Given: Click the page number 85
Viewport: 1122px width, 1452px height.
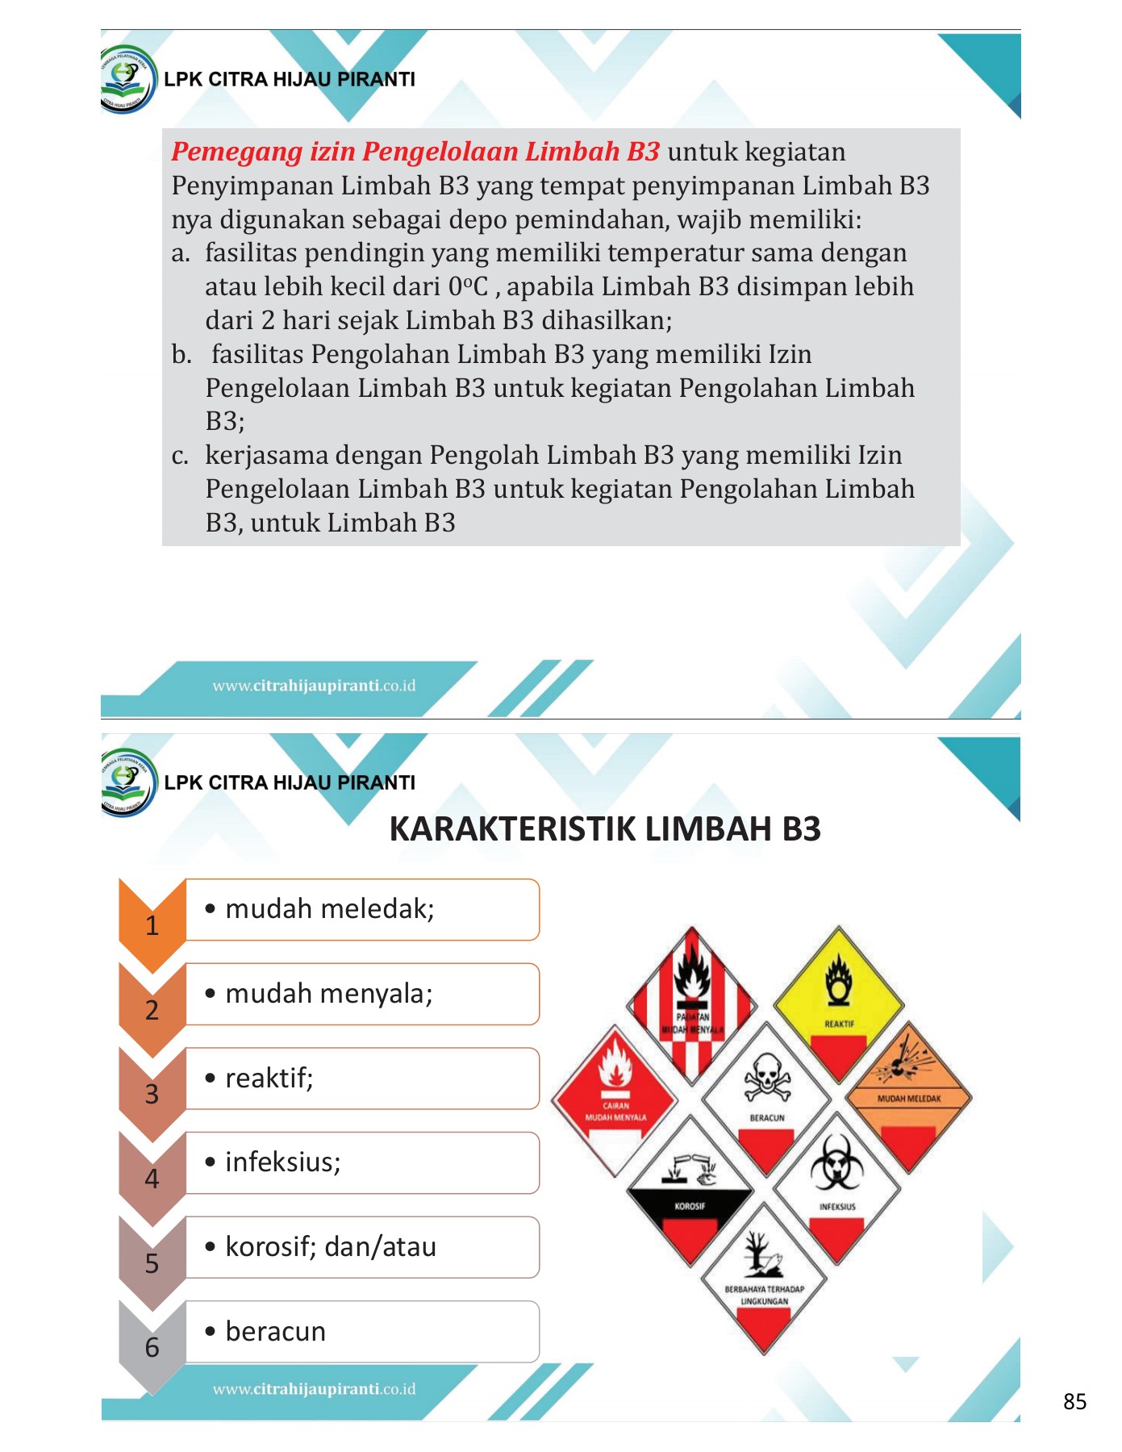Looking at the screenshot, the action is [x=1074, y=1401].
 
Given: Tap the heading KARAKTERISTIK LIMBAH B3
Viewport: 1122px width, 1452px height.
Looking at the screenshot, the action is [x=604, y=829].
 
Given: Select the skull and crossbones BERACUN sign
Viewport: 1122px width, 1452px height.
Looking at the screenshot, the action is [x=765, y=1089].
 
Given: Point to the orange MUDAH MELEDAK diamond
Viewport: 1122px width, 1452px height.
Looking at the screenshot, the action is [x=909, y=1093].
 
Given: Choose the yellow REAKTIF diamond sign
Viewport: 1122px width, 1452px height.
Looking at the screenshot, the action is [x=839, y=1001].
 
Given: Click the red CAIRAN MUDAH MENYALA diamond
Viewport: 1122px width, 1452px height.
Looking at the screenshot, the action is [x=615, y=1098].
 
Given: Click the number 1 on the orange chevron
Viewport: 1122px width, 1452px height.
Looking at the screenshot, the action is [x=152, y=925].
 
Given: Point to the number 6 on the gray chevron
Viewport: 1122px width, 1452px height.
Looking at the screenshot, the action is [x=152, y=1347].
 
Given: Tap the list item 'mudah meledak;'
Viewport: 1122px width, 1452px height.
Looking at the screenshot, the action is [x=329, y=909].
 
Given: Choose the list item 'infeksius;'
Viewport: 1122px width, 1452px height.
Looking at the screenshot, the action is [x=282, y=1162].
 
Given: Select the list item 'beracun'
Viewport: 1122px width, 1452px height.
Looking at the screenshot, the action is [x=275, y=1331].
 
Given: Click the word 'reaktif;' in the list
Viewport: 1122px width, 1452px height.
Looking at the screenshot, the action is [x=269, y=1078].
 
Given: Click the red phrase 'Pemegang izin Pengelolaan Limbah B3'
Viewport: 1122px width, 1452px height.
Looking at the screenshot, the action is [x=415, y=152].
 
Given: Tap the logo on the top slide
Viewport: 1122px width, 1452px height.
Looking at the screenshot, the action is [x=127, y=79].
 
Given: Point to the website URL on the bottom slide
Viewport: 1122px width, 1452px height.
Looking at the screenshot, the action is [x=314, y=1389].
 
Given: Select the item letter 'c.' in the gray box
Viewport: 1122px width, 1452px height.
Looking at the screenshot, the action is [x=181, y=456].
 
